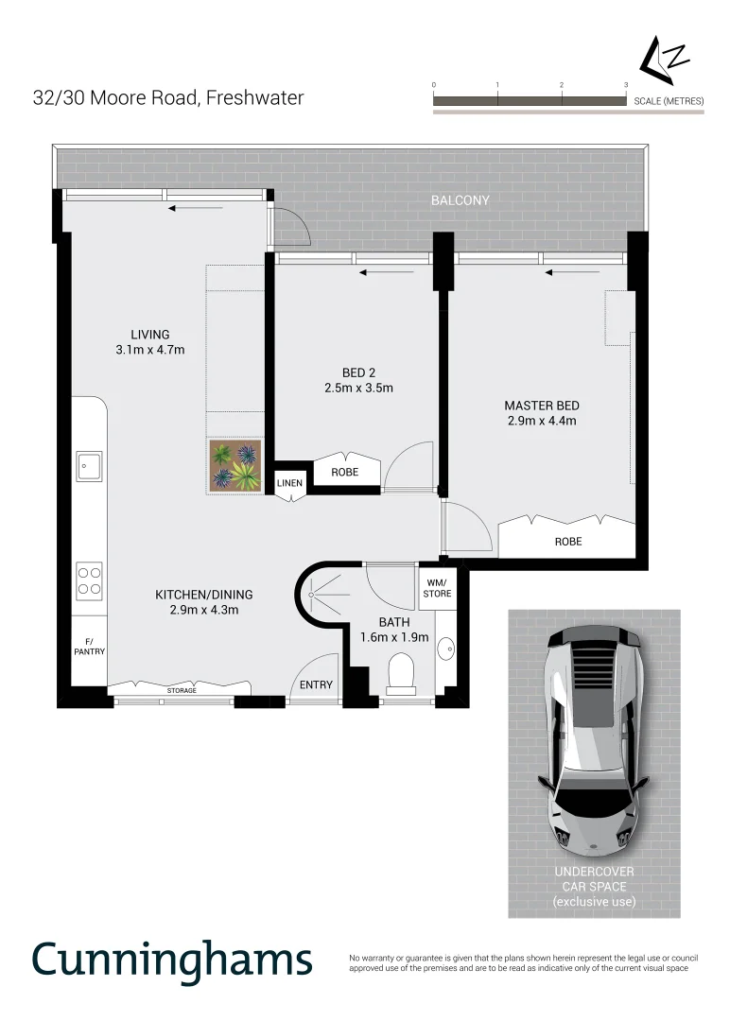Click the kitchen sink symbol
coord(90,466)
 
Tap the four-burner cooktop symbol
coord(90,580)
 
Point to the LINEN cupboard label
coord(289,483)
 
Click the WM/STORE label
coord(437,588)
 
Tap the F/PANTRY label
coord(90,646)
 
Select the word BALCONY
coord(461,200)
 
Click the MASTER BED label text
coord(541,406)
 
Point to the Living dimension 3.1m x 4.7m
coord(150,350)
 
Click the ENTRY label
coord(316,684)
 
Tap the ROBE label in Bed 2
coord(344,471)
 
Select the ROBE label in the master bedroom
coord(568,542)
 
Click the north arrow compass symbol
coord(665,60)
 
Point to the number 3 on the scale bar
coord(626,85)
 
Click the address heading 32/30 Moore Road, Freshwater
coord(168,97)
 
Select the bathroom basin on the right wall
coord(449,649)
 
